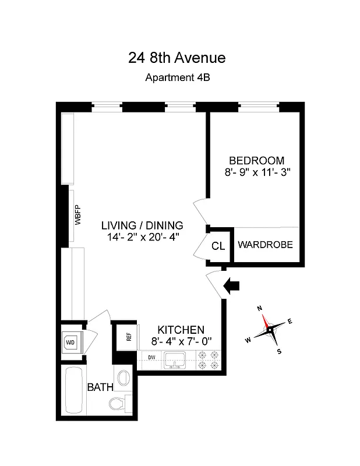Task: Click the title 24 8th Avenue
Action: tap(177, 58)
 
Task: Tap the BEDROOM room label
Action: tap(256, 160)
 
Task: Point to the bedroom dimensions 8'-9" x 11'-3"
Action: tap(256, 172)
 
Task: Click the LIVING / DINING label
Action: tap(142, 225)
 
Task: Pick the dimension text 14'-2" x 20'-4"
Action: tap(142, 237)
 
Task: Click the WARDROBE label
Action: tap(265, 245)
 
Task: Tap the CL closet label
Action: tap(218, 246)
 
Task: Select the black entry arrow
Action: tap(232, 285)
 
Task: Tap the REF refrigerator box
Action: tap(128, 336)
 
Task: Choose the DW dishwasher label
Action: tap(151, 358)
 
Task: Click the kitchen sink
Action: tap(175, 360)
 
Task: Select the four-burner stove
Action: tap(209, 360)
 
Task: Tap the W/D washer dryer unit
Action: tap(71, 342)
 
